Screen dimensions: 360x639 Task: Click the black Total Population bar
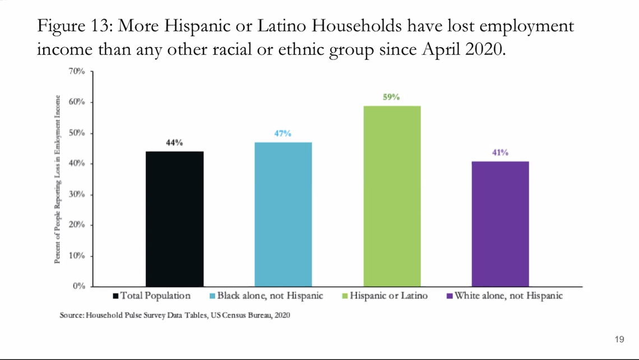174,219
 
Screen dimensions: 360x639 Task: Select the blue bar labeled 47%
283,214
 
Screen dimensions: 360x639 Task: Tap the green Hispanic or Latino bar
392,196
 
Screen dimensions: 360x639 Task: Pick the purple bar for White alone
500,224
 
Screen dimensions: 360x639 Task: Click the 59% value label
391,97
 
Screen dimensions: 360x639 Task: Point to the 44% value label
174,143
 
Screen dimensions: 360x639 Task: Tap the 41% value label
500,153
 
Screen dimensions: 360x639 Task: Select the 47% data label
283,133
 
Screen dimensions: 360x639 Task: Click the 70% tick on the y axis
76,72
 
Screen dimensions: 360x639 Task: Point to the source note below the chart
175,315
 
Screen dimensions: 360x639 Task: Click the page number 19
619,339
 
